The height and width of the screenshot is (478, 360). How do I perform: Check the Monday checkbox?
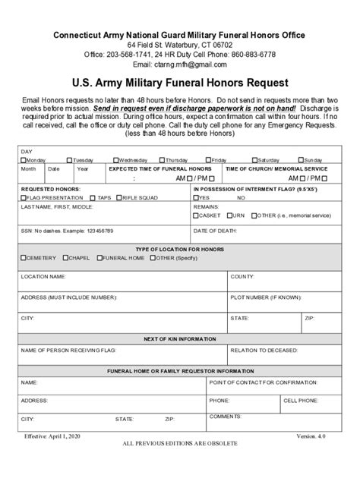23,160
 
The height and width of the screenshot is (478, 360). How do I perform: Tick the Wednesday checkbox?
115,160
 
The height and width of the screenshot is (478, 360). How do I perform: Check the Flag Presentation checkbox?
24,197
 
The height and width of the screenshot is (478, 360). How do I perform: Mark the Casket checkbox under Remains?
197,215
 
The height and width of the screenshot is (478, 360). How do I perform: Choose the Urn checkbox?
229,215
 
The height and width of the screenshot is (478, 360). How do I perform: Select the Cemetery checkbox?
24,258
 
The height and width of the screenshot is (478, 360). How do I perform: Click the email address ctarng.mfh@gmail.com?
195,64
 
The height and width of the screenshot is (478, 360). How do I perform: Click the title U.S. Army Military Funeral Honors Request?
179,83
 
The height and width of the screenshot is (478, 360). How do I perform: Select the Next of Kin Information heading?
179,338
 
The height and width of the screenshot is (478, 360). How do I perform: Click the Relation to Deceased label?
264,351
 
